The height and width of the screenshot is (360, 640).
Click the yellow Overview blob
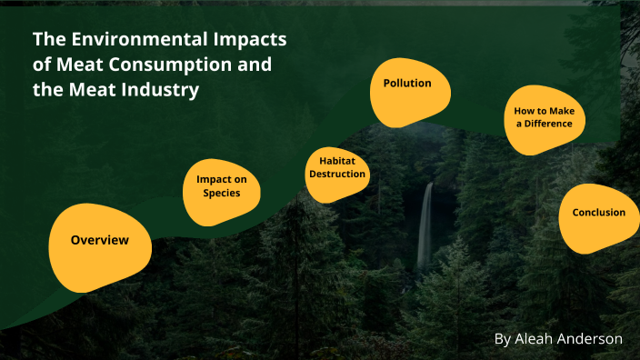tap(99, 241)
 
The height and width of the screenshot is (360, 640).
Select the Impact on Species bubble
tap(221, 192)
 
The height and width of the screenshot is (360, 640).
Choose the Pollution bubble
tap(406, 84)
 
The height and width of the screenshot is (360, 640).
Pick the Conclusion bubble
tap(597, 213)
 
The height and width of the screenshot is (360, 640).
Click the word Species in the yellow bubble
tap(222, 193)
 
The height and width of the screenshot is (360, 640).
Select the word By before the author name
tap(503, 338)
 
